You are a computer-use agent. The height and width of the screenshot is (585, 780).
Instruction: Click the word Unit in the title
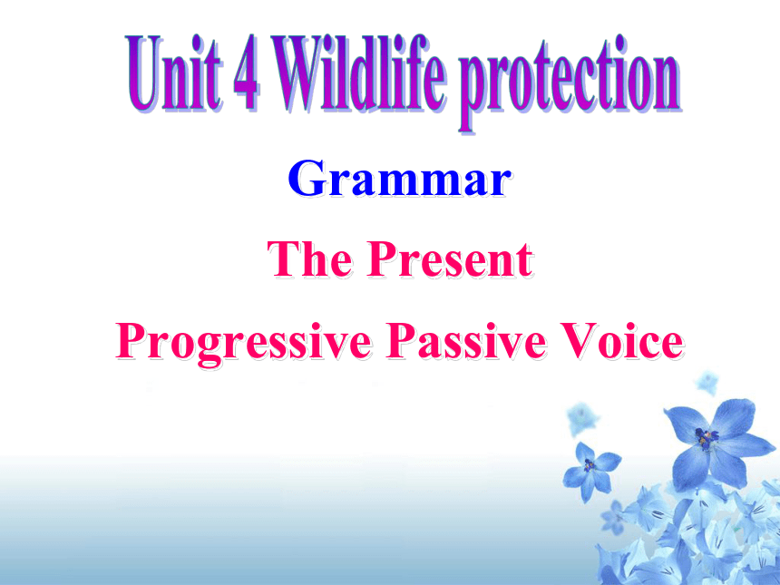pos(172,73)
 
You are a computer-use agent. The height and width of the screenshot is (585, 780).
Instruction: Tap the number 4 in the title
pos(246,73)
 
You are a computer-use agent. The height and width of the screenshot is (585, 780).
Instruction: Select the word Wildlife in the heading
pos(359,73)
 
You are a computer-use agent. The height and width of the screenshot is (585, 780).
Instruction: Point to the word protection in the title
pos(570,82)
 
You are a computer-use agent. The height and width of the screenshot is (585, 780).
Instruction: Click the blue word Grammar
pos(399,179)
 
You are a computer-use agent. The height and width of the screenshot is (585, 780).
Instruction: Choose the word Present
pos(450,258)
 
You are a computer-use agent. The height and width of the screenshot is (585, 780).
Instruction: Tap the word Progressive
pos(244,343)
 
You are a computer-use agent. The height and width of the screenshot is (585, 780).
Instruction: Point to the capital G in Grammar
pos(306,179)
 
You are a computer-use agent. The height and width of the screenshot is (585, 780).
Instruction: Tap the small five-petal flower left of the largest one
pos(590,470)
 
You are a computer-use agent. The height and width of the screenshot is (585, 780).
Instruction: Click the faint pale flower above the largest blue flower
pos(707,382)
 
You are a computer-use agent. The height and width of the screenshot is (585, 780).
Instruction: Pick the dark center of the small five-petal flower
pos(590,465)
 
